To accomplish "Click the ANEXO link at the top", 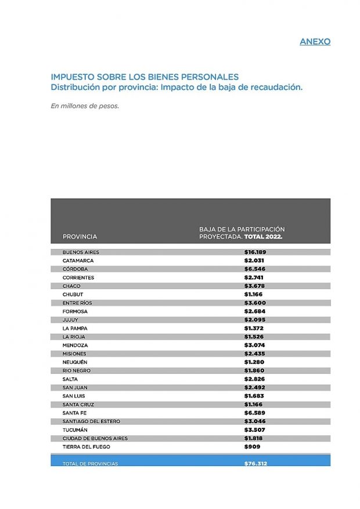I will pos(315,42).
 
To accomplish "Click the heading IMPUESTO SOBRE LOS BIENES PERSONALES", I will pos(145,77).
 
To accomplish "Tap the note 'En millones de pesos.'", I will pos(85,106).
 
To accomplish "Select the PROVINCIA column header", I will pos(80,237).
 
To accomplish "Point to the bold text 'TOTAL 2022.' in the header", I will pos(263,237).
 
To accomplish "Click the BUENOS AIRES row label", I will pos(81,252).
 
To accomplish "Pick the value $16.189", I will pos(255,252).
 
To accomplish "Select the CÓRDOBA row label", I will pos(75,269).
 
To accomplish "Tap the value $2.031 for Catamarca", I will pos(254,261).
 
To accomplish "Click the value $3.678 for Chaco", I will pos(254,286).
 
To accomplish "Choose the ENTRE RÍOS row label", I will pos(77,303).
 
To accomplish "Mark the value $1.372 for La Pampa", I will pos(254,328).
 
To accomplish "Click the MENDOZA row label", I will pos(75,345).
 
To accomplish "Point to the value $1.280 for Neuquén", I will pos(254,362).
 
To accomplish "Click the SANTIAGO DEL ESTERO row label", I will pos(92,421).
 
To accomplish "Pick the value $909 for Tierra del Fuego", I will pos(252,447).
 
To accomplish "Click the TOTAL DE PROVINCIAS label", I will pos(90,464).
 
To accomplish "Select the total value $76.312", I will pos(255,464).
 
